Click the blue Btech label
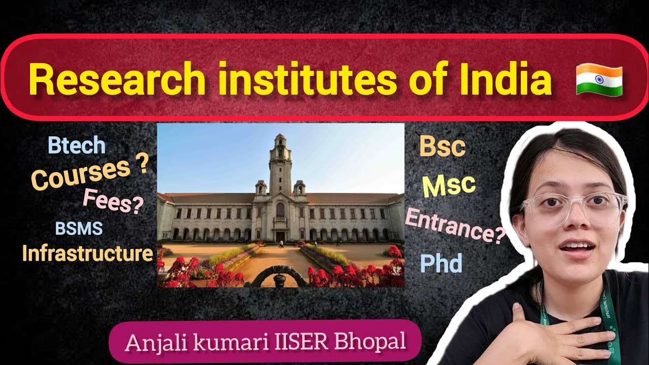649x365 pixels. pyautogui.click(x=77, y=146)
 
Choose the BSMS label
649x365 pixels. pyautogui.click(x=79, y=229)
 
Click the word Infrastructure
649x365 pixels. pyautogui.click(x=87, y=253)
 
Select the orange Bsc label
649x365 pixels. pyautogui.click(x=442, y=147)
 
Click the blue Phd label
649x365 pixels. pyautogui.click(x=441, y=263)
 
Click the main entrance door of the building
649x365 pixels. pyautogui.click(x=280, y=236)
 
